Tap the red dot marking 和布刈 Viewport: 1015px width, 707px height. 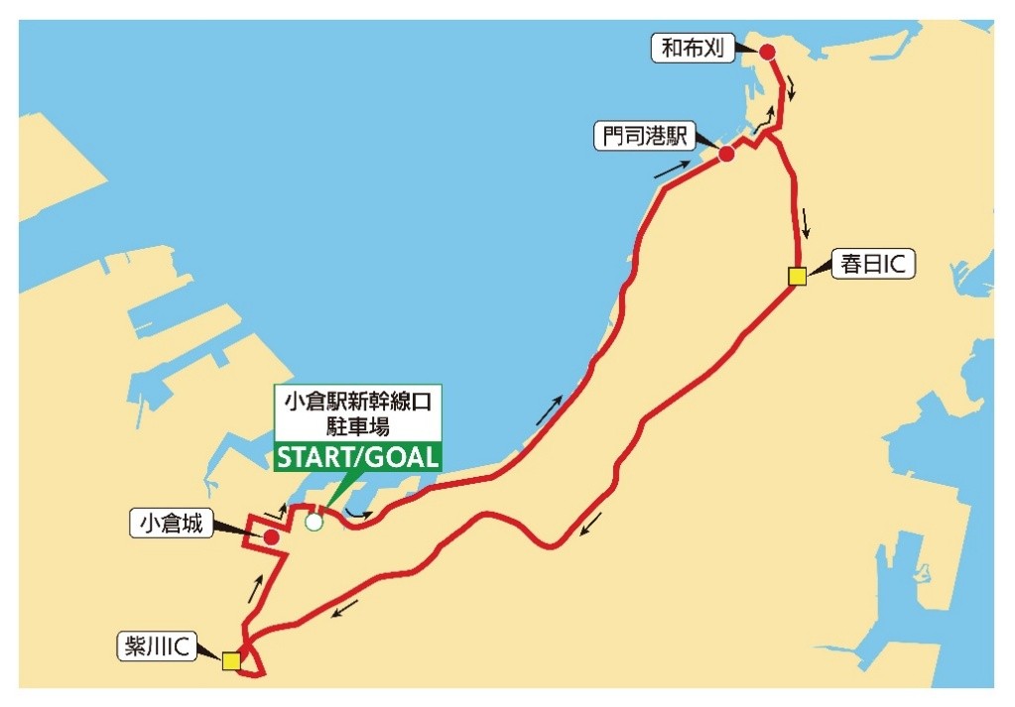click(x=766, y=52)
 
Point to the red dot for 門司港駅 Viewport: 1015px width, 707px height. click(x=726, y=154)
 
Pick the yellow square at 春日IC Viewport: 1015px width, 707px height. click(x=797, y=277)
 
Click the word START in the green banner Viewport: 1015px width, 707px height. click(x=318, y=458)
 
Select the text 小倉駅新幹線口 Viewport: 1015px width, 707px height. click(x=358, y=403)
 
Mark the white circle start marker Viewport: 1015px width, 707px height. click(x=315, y=522)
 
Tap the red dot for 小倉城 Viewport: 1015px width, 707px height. click(x=270, y=536)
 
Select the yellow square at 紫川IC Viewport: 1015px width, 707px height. click(x=231, y=660)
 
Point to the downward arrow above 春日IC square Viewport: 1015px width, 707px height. click(x=808, y=222)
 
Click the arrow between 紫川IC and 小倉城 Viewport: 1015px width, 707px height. click(x=256, y=590)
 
